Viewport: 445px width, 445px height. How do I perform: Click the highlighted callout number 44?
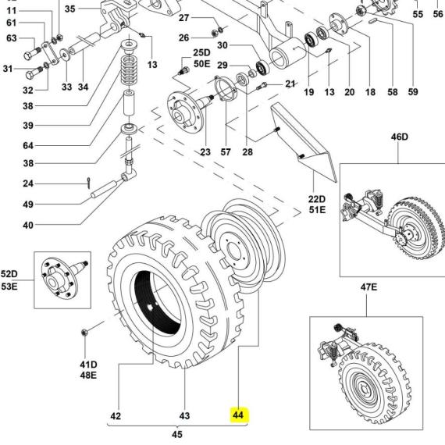pyautogui.click(x=238, y=415)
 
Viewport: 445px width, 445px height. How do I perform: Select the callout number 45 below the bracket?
pyautogui.click(x=177, y=434)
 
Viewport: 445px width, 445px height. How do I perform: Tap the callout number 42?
pyautogui.click(x=116, y=416)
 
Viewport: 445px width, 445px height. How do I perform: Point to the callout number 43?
pyautogui.click(x=184, y=416)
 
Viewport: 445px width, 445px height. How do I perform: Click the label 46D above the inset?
pyautogui.click(x=399, y=137)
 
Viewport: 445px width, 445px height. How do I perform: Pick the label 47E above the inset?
pyautogui.click(x=368, y=287)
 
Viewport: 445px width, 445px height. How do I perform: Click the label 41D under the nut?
pyautogui.click(x=88, y=365)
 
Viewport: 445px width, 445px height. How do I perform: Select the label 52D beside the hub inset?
pyautogui.click(x=9, y=274)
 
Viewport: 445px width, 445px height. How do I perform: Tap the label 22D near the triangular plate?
pyautogui.click(x=317, y=199)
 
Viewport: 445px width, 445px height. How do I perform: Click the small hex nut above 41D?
pyautogui.click(x=84, y=332)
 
